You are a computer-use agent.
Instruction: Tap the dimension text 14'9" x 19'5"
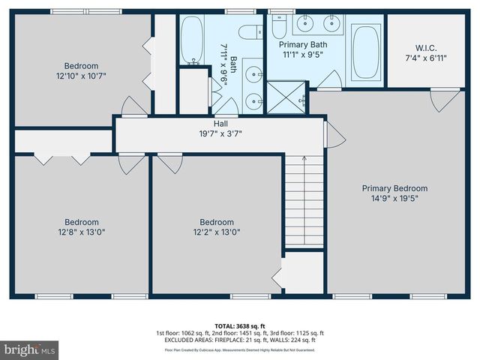click(394, 199)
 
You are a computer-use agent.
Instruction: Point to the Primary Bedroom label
click(394, 188)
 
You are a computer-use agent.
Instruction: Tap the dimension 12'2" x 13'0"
click(216, 232)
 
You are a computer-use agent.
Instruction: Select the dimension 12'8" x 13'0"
click(81, 232)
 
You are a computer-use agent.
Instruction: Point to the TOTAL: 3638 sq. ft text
click(240, 325)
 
